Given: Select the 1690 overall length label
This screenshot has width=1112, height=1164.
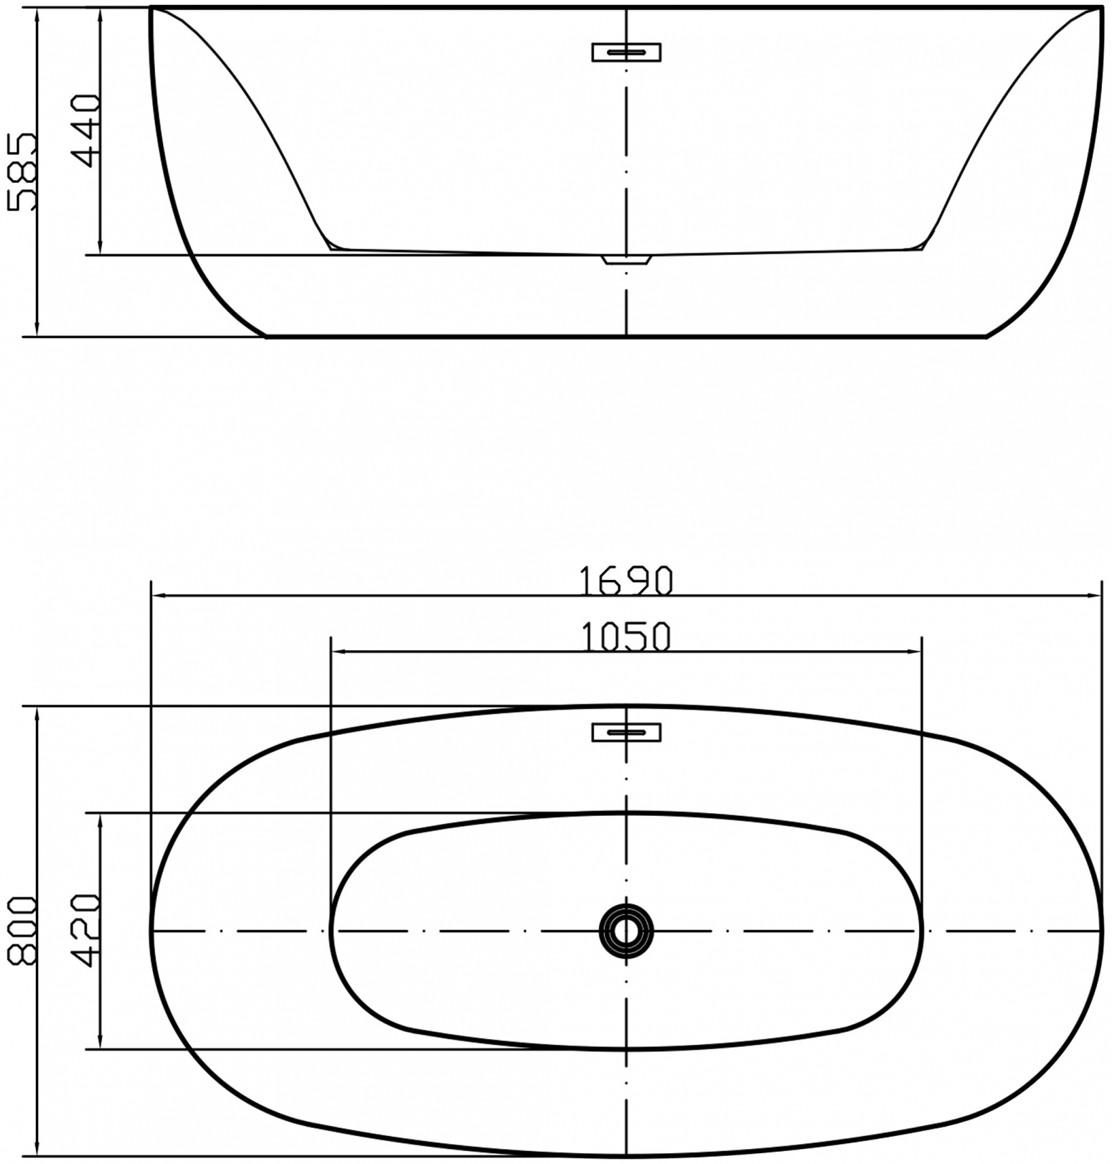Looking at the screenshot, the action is point(626,581).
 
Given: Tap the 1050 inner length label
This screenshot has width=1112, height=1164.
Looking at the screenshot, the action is point(626,637).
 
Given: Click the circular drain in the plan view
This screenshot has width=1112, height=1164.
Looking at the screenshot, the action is point(626,931).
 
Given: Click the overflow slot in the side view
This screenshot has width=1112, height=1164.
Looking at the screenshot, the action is point(626,52).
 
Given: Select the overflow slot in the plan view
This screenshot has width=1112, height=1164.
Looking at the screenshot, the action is point(626,732).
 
